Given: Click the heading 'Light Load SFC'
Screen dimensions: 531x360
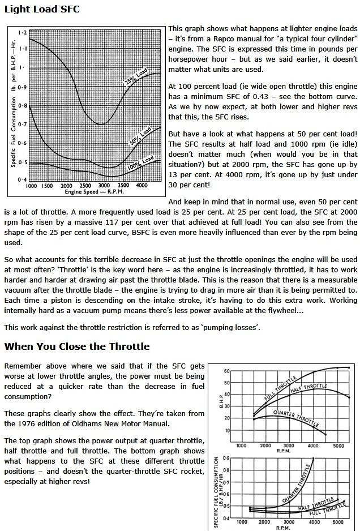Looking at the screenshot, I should [x=42, y=10].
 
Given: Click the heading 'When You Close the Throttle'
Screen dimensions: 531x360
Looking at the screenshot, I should [x=77, y=346].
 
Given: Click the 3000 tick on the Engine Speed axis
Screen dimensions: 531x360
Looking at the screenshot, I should [x=102, y=185].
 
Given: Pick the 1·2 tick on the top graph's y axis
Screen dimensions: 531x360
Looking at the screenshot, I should [x=22, y=33].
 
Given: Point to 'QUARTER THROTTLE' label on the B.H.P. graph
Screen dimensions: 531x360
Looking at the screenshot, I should [x=294, y=417].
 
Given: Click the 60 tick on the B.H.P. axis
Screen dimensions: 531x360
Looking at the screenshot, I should [x=227, y=371].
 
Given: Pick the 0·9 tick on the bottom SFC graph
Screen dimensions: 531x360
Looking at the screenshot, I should [x=226, y=457].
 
